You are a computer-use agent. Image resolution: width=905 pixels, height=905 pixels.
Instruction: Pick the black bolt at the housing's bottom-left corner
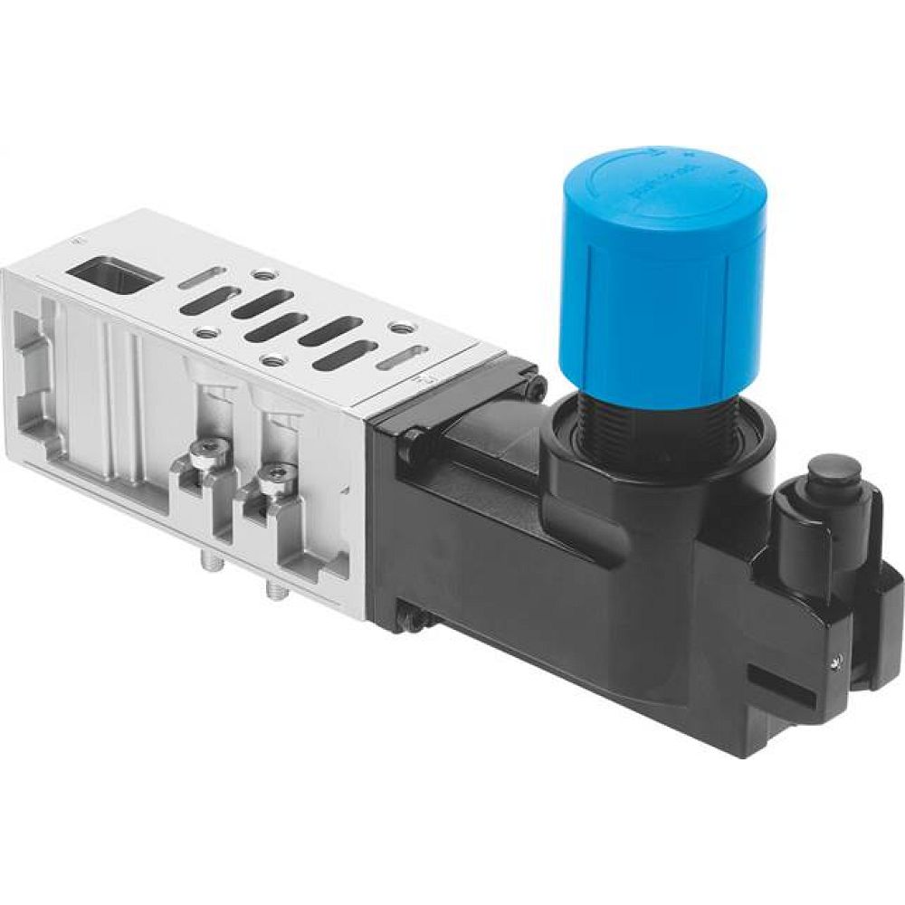413,619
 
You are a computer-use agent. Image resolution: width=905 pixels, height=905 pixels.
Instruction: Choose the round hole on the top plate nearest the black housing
399,328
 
